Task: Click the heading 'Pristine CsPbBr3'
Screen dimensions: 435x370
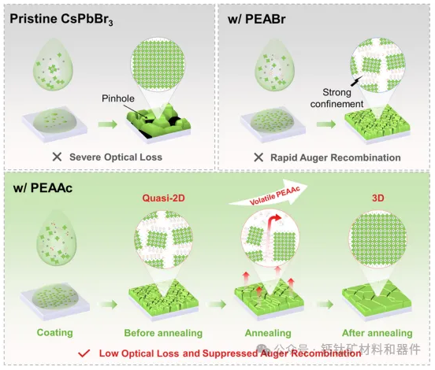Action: pyautogui.click(x=61, y=19)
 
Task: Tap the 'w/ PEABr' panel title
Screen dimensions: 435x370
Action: pyautogui.click(x=257, y=19)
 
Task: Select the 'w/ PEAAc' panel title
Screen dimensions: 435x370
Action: pyautogui.click(x=43, y=188)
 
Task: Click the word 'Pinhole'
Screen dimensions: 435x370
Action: pyautogui.click(x=118, y=98)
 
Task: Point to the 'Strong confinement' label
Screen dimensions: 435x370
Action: pyautogui.click(x=336, y=98)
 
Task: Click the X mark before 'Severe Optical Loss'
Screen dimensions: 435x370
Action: pyautogui.click(x=58, y=157)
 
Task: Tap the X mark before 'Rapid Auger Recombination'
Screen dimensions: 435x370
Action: pyautogui.click(x=258, y=157)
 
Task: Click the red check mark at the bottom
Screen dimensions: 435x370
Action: pyautogui.click(x=84, y=353)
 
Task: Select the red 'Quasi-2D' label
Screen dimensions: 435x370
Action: pyautogui.click(x=163, y=198)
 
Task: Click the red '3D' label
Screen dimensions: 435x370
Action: pyautogui.click(x=377, y=198)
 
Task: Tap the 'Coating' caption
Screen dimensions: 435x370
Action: pyautogui.click(x=54, y=332)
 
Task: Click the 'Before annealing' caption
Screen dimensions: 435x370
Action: pyautogui.click(x=163, y=332)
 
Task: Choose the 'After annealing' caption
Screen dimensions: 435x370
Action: pyautogui.click(x=377, y=332)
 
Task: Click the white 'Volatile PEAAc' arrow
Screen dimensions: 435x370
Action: pyautogui.click(x=269, y=194)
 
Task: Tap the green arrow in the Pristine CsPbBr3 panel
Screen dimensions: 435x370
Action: pyautogui.click(x=108, y=124)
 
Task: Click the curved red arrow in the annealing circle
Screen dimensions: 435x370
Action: pyautogui.click(x=273, y=222)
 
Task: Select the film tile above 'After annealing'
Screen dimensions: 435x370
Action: pyautogui.click(x=377, y=301)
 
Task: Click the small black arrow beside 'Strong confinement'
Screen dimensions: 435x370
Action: pyautogui.click(x=356, y=81)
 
